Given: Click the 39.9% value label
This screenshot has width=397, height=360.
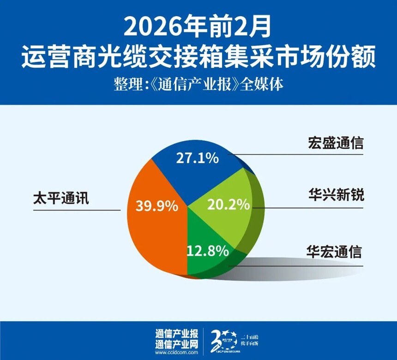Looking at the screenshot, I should pyautogui.click(x=157, y=206).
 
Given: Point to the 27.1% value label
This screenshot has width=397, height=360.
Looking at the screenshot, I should pyautogui.click(x=197, y=158).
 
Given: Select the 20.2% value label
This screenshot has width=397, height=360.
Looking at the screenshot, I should pyautogui.click(x=229, y=203).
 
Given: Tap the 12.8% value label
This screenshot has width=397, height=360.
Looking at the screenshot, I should pyautogui.click(x=208, y=251).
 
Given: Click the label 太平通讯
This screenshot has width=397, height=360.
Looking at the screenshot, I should pyautogui.click(x=60, y=199).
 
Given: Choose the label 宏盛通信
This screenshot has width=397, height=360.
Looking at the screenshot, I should pyautogui.click(x=336, y=143).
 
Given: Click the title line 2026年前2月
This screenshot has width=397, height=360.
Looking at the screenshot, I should pyautogui.click(x=198, y=29).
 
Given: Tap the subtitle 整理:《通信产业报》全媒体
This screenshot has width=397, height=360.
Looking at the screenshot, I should pyautogui.click(x=198, y=86).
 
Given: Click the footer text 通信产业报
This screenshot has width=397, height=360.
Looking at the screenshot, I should pyautogui.click(x=177, y=333).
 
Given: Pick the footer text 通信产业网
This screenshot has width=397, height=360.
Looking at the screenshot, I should pyautogui.click(x=177, y=344).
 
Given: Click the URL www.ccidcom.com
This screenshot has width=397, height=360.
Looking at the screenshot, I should pyautogui.click(x=177, y=353).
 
